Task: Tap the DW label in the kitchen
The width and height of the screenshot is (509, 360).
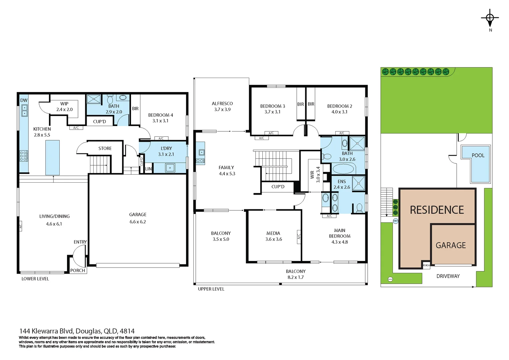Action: [24, 100]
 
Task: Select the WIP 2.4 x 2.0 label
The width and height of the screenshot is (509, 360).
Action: [64, 106]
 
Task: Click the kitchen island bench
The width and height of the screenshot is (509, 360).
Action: [52, 157]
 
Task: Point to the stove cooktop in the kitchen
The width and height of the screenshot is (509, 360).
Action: [24, 156]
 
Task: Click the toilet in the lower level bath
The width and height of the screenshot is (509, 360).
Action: [110, 99]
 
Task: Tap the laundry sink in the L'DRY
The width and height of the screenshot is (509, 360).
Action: [170, 168]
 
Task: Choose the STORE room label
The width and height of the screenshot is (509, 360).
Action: [105, 148]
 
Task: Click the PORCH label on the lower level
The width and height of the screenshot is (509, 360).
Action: [77, 270]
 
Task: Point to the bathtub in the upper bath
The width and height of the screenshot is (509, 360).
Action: [343, 169]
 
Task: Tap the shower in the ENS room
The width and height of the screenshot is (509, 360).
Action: [359, 183]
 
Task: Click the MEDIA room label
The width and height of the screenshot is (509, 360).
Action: [273, 233]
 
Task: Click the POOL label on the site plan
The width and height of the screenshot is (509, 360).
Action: [478, 155]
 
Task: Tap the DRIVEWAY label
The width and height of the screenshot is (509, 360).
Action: [448, 276]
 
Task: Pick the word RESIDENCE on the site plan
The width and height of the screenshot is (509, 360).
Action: [437, 210]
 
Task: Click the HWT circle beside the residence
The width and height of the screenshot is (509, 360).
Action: [396, 221]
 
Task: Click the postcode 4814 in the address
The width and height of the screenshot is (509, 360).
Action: [127, 331]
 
